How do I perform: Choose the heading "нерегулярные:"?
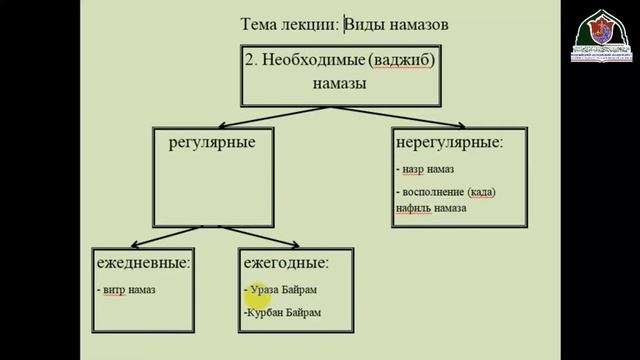(x=450, y=142)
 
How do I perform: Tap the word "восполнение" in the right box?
(x=439, y=191)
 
